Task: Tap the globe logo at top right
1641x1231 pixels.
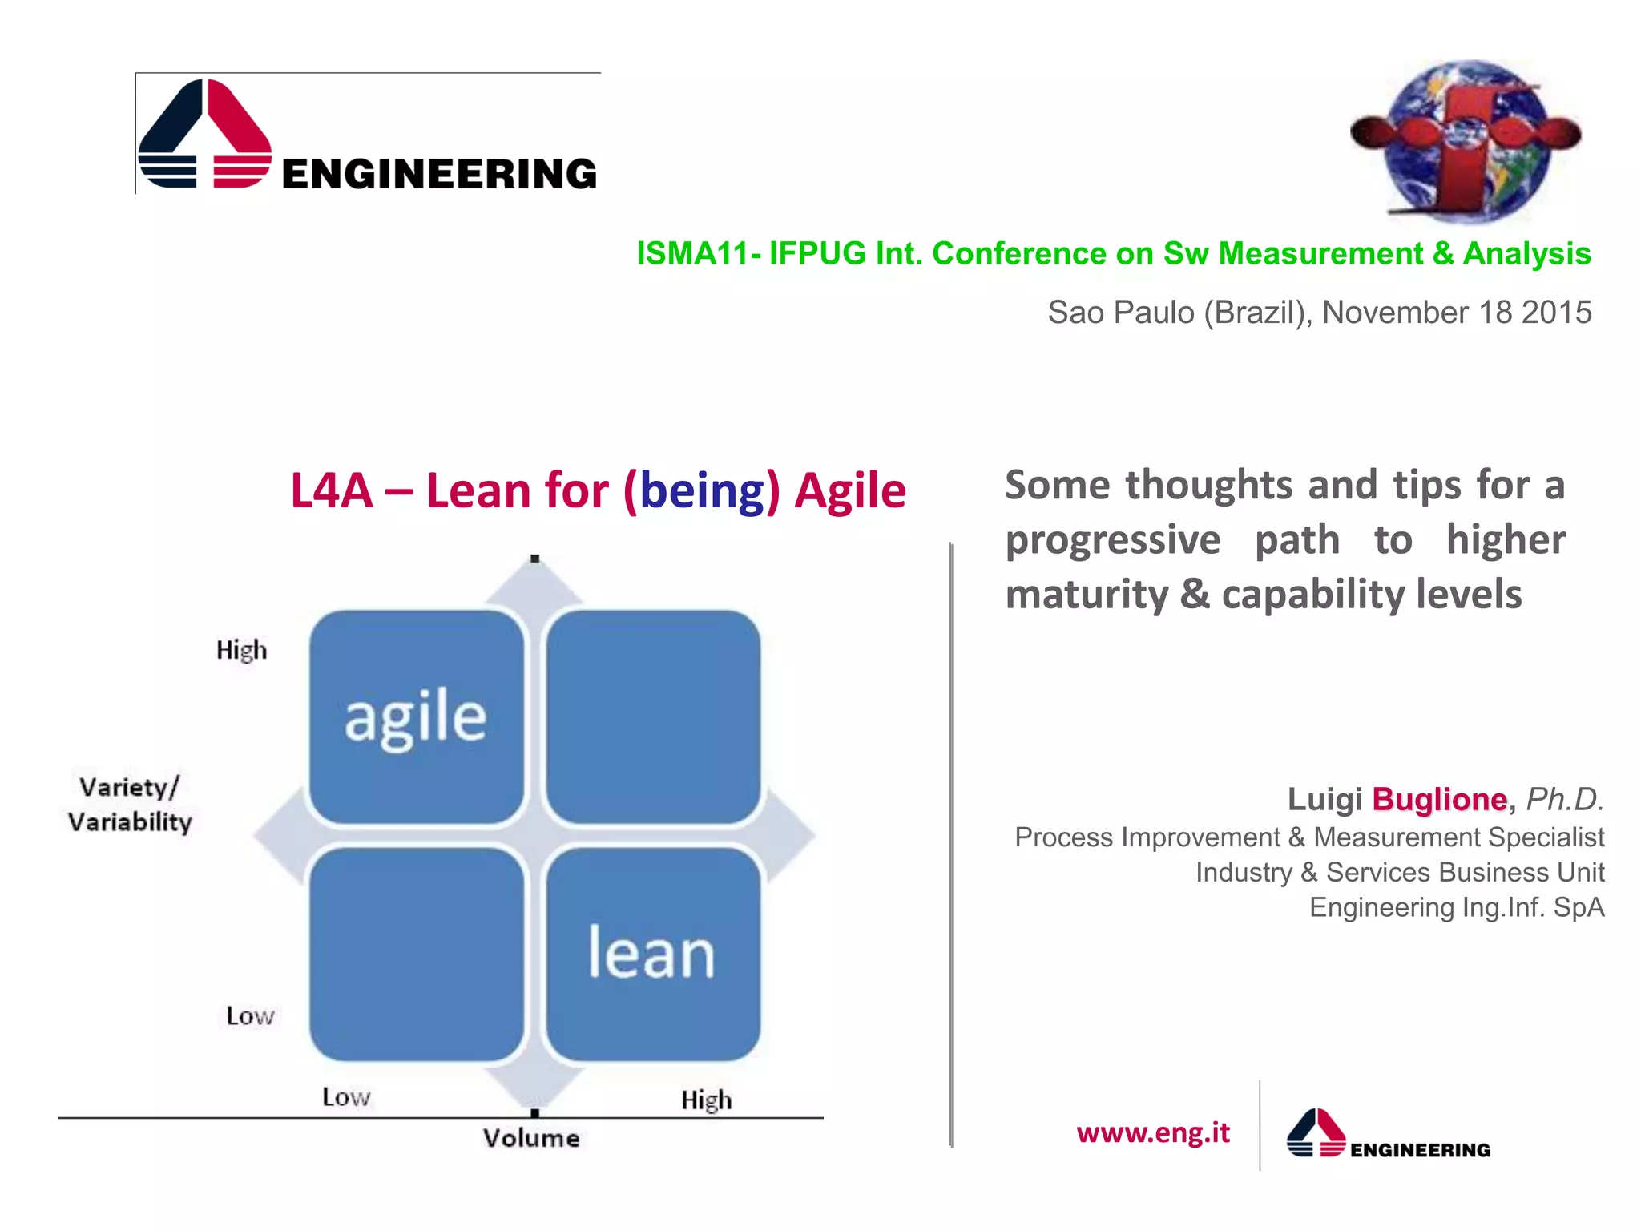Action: click(x=1466, y=140)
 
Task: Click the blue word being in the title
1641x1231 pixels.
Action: click(x=703, y=490)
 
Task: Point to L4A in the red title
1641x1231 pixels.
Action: click(x=331, y=490)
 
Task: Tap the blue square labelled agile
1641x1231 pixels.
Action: click(x=416, y=716)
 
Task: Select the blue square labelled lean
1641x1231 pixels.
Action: click(x=652, y=954)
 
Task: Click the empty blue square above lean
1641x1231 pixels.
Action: click(x=652, y=716)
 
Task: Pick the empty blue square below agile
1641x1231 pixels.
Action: click(x=416, y=954)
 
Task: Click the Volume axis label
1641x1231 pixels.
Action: click(x=531, y=1138)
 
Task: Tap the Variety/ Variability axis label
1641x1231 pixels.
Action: click(x=130, y=805)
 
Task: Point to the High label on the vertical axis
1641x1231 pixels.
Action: click(x=241, y=650)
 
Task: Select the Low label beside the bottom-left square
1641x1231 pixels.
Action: click(x=250, y=1016)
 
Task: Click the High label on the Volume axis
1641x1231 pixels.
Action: click(x=706, y=1100)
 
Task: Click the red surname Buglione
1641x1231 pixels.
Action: click(x=1439, y=800)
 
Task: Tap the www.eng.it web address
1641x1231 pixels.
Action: click(x=1152, y=1132)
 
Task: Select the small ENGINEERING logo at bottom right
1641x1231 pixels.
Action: click(x=1388, y=1135)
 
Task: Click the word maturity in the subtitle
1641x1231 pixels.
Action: click(x=1087, y=595)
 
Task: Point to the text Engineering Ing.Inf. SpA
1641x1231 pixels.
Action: click(x=1456, y=907)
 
